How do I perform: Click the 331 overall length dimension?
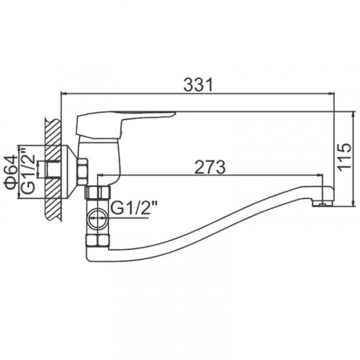pos(198,84)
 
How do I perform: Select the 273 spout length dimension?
pos(210,167)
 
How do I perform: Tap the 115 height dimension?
pos(345,158)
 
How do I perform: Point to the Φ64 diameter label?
pos(11,171)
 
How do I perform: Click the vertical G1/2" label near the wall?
pos(28,172)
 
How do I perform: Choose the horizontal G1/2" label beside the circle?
pos(134,208)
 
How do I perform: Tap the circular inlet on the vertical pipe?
pos(98,219)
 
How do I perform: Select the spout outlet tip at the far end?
pos(323,204)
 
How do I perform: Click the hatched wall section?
pos(53,169)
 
